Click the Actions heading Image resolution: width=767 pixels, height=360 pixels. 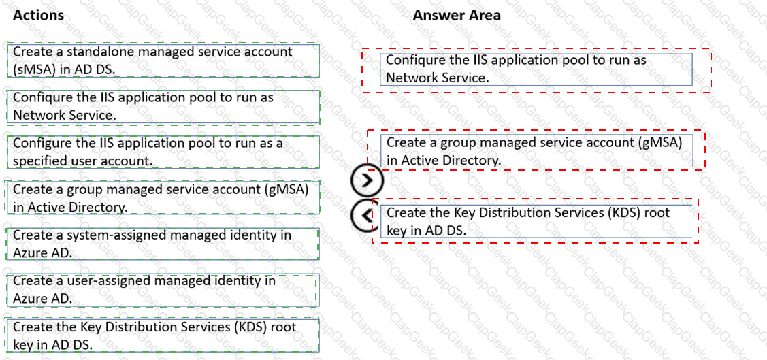tap(38, 15)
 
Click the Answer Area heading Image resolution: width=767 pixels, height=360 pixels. tap(457, 15)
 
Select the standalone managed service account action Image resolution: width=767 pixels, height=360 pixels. tap(163, 60)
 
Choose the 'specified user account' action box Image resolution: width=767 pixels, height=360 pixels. tap(163, 152)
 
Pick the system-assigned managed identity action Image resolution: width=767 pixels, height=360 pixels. tap(163, 244)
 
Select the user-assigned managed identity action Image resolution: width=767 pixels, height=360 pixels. tap(163, 290)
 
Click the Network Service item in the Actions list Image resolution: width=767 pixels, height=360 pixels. tap(163, 106)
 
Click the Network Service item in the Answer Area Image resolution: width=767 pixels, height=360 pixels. tap(536, 69)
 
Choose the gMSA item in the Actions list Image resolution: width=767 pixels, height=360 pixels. tap(163, 197)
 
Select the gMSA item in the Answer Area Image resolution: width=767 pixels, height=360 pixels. tap(536, 150)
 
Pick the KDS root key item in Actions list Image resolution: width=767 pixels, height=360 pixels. tap(163, 336)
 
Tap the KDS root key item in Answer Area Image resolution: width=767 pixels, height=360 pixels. tap(536, 221)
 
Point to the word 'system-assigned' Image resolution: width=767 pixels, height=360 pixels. tap(116, 235)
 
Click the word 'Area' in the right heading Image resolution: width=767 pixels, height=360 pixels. tap(483, 15)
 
